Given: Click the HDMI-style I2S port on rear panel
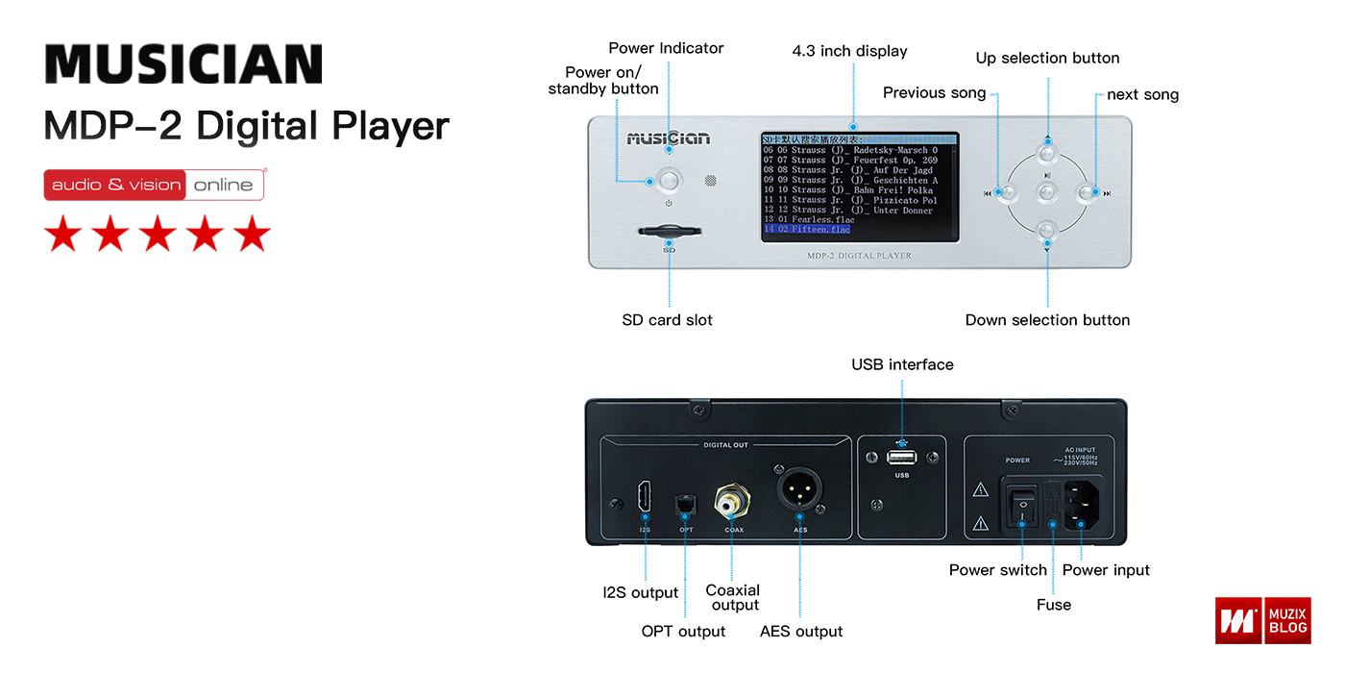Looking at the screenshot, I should coord(645,497).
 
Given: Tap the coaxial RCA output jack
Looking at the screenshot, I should coord(730,500).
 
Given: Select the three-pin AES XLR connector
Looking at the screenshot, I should coord(798,487).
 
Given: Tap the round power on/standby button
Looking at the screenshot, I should coord(669,180).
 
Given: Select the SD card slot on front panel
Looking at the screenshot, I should coord(669,233).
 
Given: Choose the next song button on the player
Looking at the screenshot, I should coord(1088,192).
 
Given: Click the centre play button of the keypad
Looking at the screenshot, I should coord(1047,192).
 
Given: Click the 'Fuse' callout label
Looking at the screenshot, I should coord(1053,605).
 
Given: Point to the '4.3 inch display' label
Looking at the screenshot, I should coord(849,51).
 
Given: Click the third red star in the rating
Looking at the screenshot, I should coord(158,234).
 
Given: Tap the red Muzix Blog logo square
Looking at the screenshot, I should coord(1238,620).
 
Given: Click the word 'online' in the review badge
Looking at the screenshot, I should coord(223,185).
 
